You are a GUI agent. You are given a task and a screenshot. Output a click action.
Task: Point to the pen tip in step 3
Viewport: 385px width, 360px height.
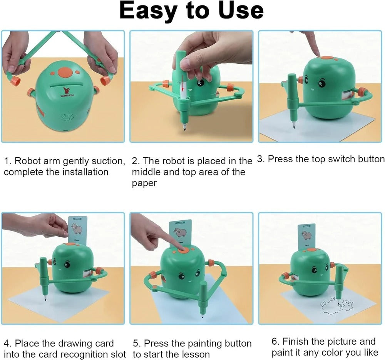pos(294,127)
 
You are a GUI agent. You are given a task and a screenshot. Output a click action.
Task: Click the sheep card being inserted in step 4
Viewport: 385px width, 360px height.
pos(78,230)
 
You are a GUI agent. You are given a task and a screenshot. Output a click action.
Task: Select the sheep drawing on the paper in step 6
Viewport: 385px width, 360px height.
pos(336,306)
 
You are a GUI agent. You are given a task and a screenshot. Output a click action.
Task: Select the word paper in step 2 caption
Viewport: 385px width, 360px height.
pos(144,183)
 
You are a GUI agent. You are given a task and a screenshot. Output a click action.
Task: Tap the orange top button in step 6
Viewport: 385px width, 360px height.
pos(312,250)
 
